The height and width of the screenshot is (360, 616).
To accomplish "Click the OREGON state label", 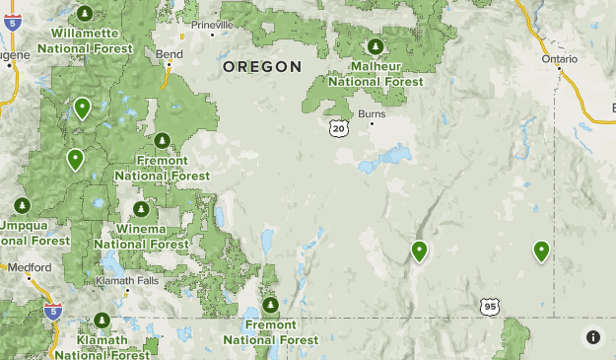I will point(261,67).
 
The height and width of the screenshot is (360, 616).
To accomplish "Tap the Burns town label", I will point(372,114).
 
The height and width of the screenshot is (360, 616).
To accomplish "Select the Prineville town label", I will point(214,25).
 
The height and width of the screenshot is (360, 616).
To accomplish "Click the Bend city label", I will point(169,53).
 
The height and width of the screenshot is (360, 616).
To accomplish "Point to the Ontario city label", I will point(560,58).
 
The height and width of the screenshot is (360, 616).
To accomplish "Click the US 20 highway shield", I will point(339,128).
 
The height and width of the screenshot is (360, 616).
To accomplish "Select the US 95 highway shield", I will point(491,307).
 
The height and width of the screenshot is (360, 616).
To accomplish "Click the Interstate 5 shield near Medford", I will point(53,311).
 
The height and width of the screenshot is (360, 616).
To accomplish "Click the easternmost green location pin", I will point(541,251).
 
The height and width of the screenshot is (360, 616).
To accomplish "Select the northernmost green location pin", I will point(82,107).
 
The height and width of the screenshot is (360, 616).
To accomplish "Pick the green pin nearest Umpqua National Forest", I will point(75,158).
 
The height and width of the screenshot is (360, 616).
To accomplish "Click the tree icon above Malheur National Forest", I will point(375,46).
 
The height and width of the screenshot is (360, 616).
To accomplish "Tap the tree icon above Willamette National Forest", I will point(85,13).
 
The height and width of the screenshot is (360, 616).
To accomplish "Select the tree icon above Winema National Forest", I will point(141,209).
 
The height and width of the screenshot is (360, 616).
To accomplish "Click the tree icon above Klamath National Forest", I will point(102,322).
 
